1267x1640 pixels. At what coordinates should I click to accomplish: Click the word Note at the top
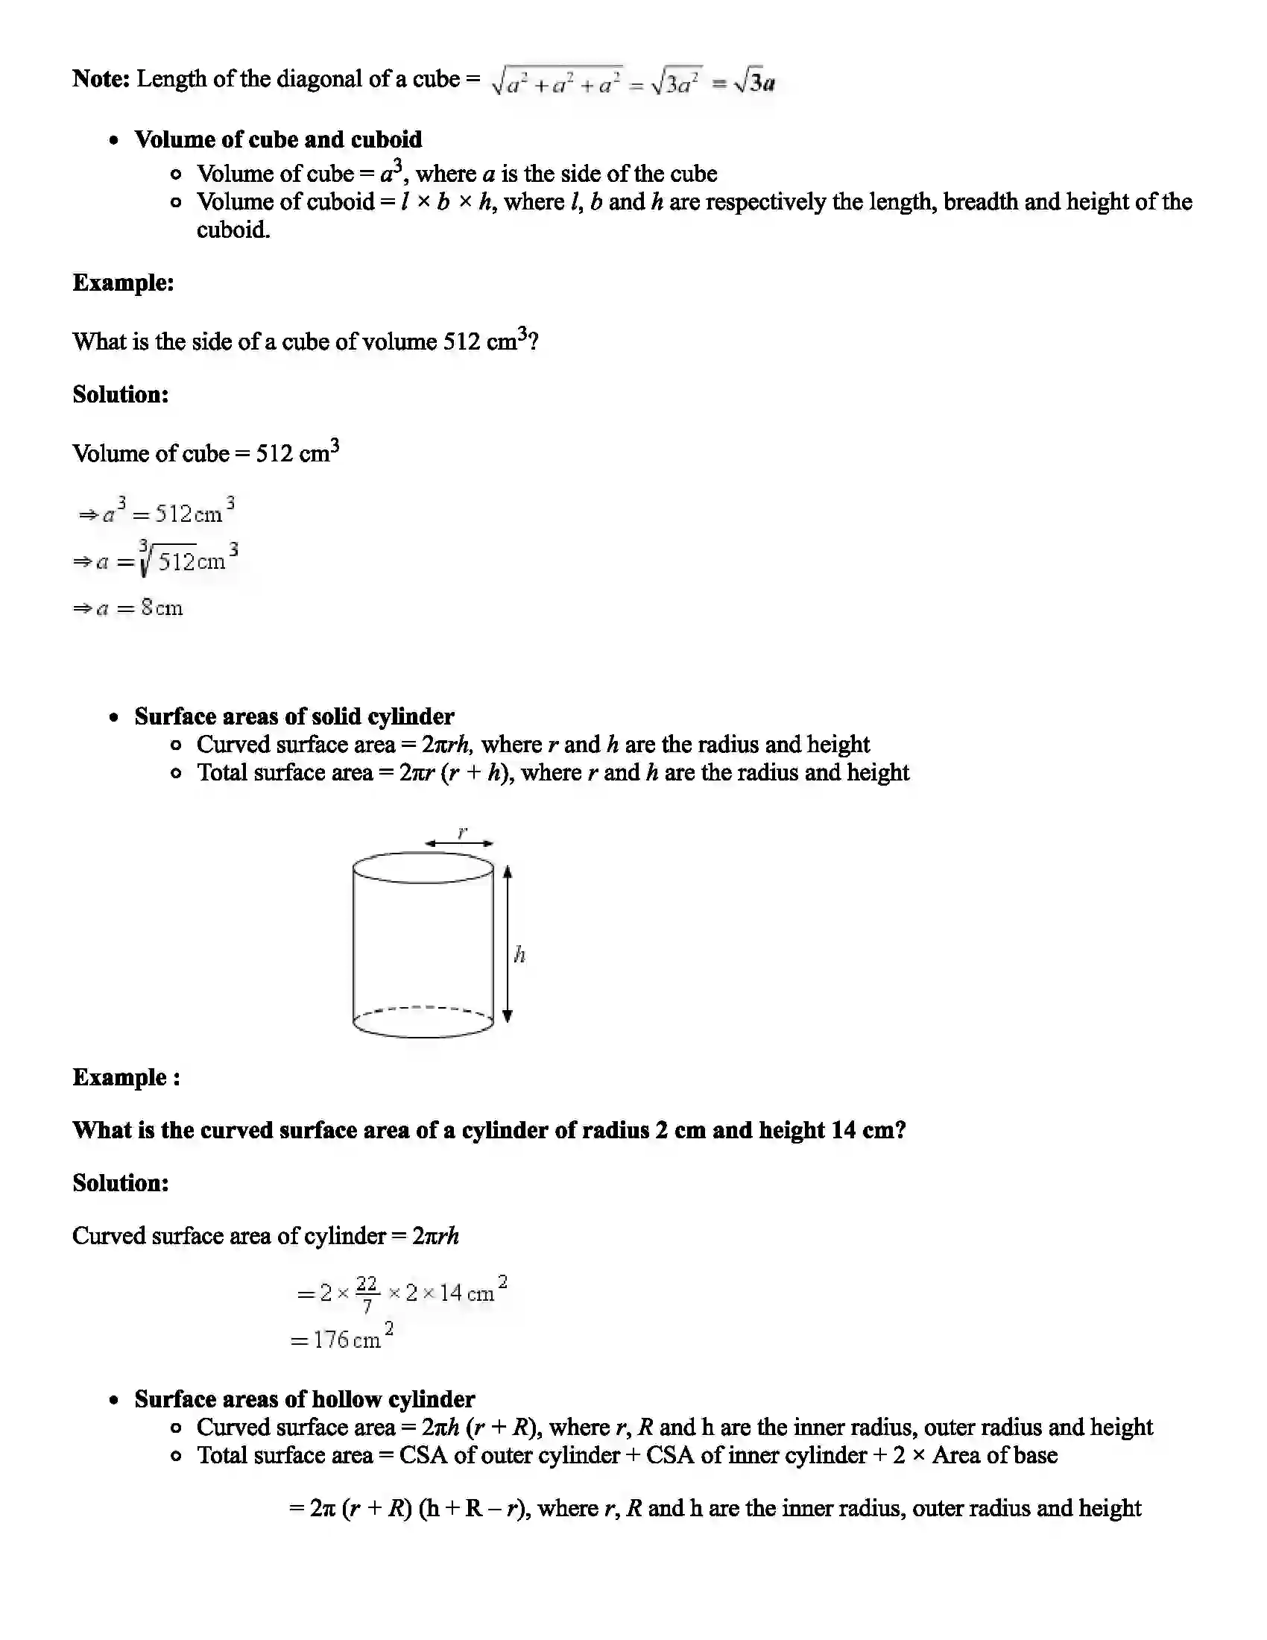(x=101, y=79)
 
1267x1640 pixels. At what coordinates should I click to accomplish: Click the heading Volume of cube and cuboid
(x=278, y=139)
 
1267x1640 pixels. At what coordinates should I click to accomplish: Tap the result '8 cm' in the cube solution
(x=162, y=608)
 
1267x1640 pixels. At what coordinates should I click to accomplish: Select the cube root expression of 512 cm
(x=188, y=559)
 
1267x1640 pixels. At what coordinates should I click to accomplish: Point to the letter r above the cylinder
(x=462, y=831)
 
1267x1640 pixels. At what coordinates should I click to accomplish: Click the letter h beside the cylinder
(x=519, y=955)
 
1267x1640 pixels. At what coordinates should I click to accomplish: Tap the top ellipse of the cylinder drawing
(x=423, y=866)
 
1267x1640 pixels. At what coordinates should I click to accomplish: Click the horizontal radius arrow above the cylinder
(x=458, y=843)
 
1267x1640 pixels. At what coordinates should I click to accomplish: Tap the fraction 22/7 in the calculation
(x=366, y=1294)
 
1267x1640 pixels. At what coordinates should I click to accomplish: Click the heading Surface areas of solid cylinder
(x=294, y=716)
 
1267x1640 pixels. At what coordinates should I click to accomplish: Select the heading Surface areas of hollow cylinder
(x=304, y=1399)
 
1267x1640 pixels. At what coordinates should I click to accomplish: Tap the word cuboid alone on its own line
(x=233, y=230)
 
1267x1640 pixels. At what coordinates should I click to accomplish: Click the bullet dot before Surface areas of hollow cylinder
(x=114, y=1400)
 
